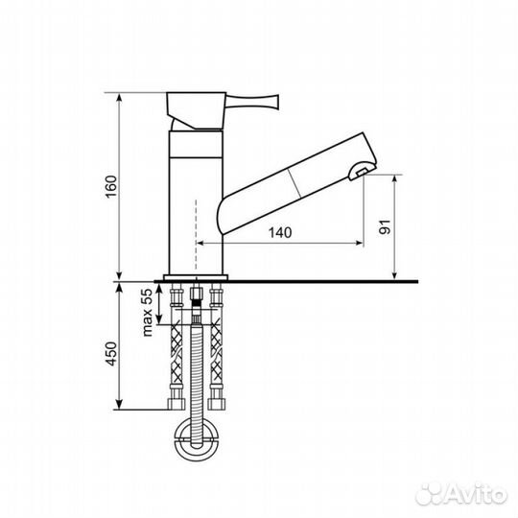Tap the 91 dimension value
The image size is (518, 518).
pos(385,228)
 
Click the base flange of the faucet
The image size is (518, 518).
pos(197,278)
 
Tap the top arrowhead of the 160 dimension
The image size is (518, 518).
pos(119,96)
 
